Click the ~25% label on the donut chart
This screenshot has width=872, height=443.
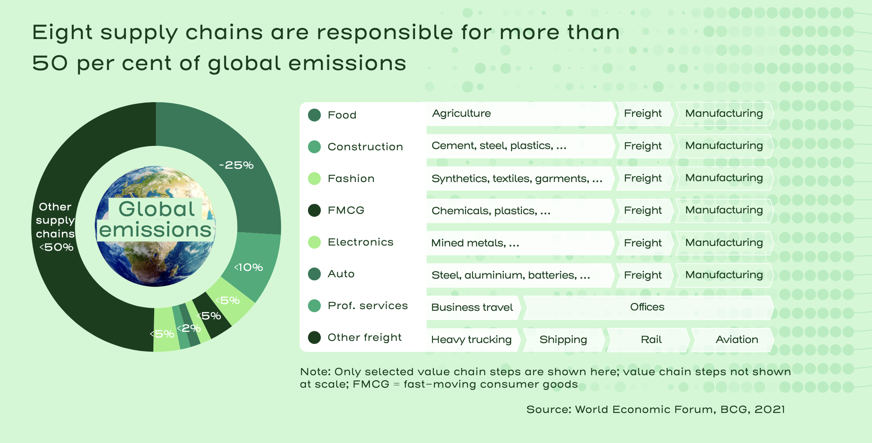[x=237, y=165]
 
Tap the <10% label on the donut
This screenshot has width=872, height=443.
[x=249, y=267]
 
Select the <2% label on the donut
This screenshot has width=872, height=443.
[x=189, y=328]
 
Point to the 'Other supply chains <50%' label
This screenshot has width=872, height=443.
[x=55, y=227]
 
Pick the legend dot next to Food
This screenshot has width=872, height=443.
[x=314, y=115]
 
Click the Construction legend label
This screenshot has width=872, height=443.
[x=365, y=147]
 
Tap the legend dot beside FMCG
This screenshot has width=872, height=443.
[x=314, y=210]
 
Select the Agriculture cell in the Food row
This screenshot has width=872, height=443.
[x=461, y=113]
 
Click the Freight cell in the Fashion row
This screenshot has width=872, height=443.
[x=643, y=178]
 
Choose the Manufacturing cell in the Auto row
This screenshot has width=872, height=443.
[x=724, y=275]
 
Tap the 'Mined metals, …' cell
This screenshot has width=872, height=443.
[x=475, y=243]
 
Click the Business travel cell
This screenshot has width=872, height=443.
[x=472, y=307]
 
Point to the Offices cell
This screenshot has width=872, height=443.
[x=647, y=307]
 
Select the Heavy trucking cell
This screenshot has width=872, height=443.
[x=471, y=340]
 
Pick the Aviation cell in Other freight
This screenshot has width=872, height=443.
[x=737, y=340]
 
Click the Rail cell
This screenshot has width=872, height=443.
[x=651, y=340]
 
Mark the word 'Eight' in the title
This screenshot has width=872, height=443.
[x=63, y=33]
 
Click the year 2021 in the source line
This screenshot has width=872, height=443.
[x=769, y=410]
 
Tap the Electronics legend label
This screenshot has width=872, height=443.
[x=360, y=242]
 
